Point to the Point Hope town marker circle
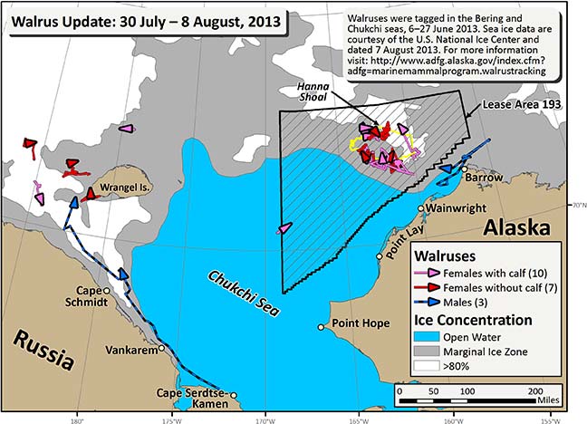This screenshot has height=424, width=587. tap(321, 327)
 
